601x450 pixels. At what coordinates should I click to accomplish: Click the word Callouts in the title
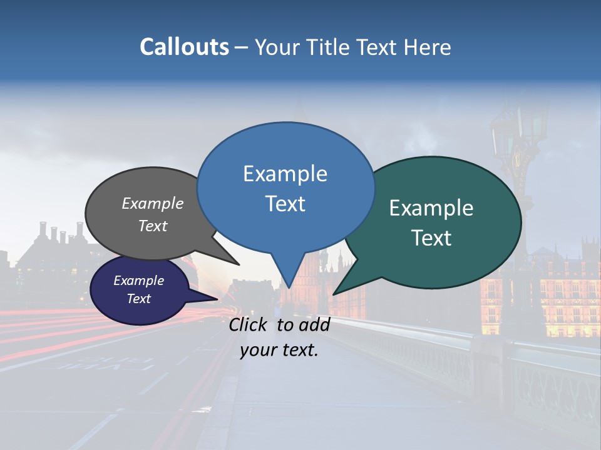pyautogui.click(x=184, y=47)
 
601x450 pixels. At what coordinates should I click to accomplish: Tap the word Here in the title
pyautogui.click(x=426, y=47)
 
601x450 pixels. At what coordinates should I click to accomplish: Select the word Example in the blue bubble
pyautogui.click(x=285, y=174)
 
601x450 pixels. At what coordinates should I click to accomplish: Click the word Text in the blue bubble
pyautogui.click(x=285, y=204)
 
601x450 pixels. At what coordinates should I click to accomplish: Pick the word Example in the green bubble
pyautogui.click(x=431, y=208)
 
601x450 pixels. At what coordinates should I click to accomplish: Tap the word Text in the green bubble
pyautogui.click(x=431, y=238)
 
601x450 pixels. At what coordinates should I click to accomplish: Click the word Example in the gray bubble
pyautogui.click(x=152, y=203)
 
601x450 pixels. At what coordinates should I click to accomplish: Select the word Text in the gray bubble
pyautogui.click(x=152, y=226)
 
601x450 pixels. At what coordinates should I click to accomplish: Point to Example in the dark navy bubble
pyautogui.click(x=138, y=281)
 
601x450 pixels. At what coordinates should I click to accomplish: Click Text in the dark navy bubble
pyautogui.click(x=138, y=299)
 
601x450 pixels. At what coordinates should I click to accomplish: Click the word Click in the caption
pyautogui.click(x=249, y=324)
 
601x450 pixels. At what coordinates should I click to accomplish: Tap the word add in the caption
pyautogui.click(x=314, y=324)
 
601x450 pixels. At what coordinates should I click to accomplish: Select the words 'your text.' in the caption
pyautogui.click(x=279, y=350)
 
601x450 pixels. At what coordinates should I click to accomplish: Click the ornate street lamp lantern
pyautogui.click(x=504, y=134)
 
